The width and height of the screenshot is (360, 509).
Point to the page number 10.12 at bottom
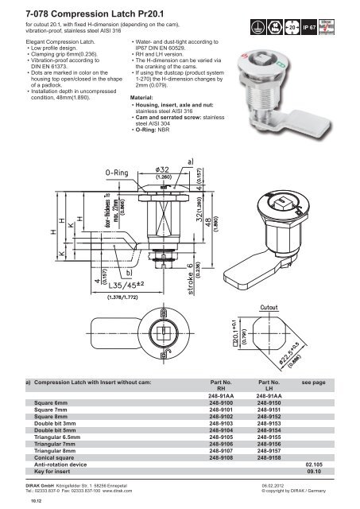14,502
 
